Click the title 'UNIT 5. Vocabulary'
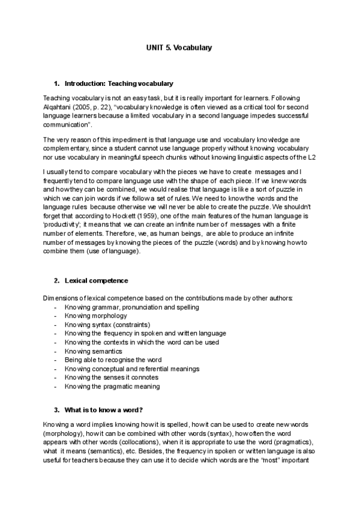coord(179,47)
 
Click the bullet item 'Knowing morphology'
coord(95,316)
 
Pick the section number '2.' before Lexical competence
coord(56,280)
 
